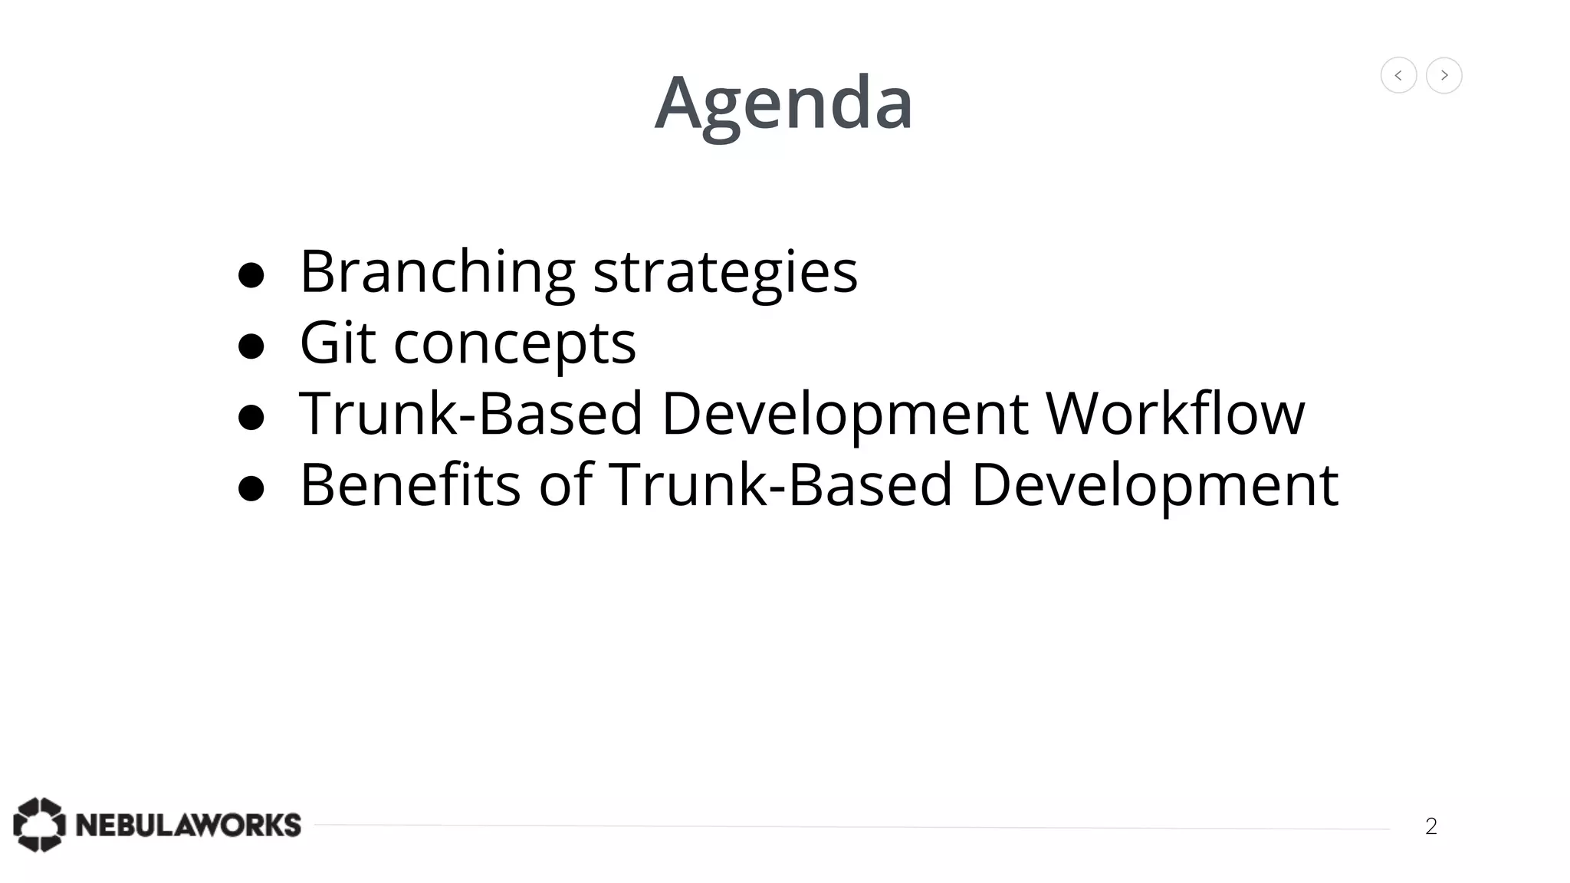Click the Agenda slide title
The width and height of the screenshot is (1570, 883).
783,103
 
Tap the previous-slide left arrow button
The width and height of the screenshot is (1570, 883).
1398,75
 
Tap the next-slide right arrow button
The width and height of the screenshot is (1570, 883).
1444,75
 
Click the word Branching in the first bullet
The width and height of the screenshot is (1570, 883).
437,272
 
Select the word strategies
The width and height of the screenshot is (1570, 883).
725,272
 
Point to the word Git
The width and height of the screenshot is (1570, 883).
337,343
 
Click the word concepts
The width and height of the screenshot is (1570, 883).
514,344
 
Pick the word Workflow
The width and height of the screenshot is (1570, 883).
1174,414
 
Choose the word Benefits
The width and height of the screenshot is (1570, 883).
410,484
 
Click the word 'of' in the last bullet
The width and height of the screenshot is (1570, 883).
566,484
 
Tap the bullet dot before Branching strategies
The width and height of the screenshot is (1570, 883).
251,276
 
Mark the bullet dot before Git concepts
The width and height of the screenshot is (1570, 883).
251,346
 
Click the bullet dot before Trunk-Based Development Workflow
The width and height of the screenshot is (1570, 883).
251,418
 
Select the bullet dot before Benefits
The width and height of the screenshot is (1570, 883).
251,488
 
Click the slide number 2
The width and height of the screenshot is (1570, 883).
1430,826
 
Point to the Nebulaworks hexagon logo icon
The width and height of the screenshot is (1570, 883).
39,825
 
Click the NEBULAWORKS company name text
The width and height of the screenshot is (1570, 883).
189,826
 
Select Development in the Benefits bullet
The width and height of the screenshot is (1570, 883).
1155,484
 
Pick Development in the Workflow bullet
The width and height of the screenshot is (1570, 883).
844,414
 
